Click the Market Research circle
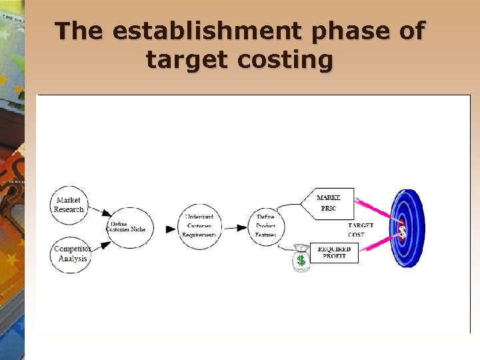(69, 205)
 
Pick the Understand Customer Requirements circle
(199, 227)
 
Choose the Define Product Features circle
(266, 227)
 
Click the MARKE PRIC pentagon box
(329, 203)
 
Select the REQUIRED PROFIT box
(335, 253)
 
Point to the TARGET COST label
(361, 230)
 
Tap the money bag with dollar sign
(301, 259)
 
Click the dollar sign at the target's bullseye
(402, 231)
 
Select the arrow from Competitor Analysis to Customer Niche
(99, 246)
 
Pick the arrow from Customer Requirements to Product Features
(234, 228)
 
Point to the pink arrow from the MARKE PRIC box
(377, 210)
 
